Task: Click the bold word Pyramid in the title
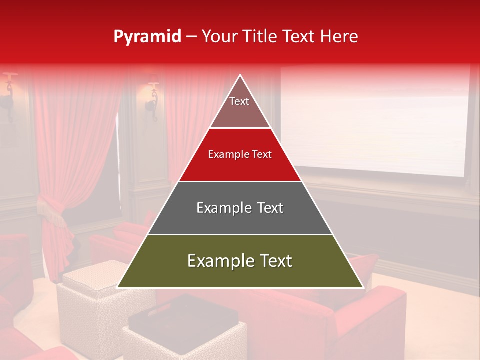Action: click(147, 37)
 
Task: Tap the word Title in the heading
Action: click(262, 37)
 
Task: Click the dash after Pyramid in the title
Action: click(191, 37)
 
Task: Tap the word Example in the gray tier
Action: click(220, 208)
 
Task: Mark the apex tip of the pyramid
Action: click(240, 76)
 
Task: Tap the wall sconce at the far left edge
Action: click(8, 92)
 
